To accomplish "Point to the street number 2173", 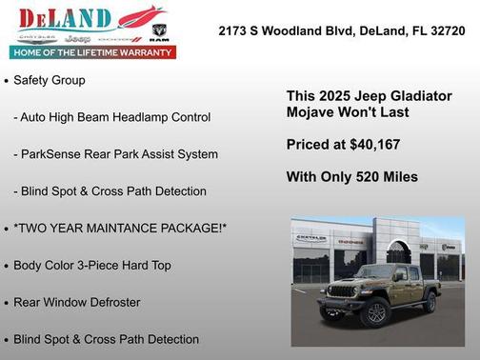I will pyautogui.click(x=235, y=30).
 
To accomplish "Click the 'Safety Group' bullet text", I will pyautogui.click(x=50, y=80).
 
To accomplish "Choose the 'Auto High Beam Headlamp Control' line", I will pyautogui.click(x=112, y=117).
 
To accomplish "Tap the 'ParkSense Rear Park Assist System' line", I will pyautogui.click(x=115, y=154).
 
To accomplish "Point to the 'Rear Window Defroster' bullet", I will pyautogui.click(x=76, y=302).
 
